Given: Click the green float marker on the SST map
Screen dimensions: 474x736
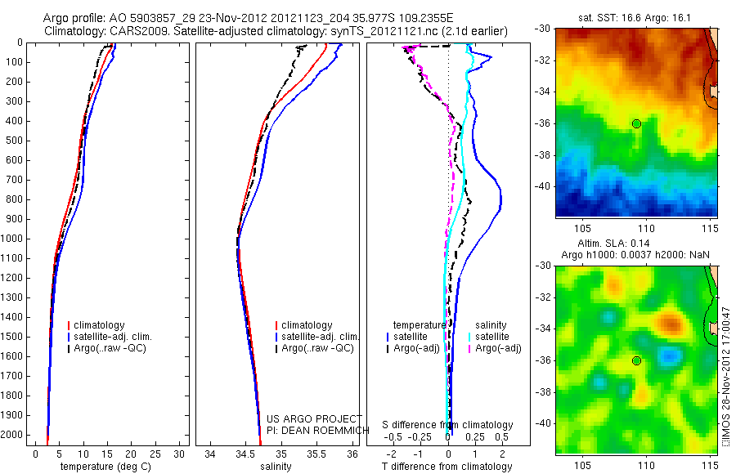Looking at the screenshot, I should point(636,123).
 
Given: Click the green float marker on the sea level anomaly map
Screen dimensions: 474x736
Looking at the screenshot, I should point(636,360).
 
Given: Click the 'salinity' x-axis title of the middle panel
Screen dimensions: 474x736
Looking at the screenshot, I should point(276,467).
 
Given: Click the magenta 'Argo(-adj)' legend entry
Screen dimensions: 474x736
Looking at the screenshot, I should point(498,349).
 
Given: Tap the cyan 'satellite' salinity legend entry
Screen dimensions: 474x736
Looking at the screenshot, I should point(491,337).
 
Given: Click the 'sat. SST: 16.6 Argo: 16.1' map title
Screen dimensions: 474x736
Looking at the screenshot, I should point(635,16).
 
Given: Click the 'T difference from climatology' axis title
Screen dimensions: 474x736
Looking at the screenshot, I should point(447,467).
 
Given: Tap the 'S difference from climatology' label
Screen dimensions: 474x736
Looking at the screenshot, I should point(448,425).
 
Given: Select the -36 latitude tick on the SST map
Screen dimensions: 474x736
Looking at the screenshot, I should point(543,123).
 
